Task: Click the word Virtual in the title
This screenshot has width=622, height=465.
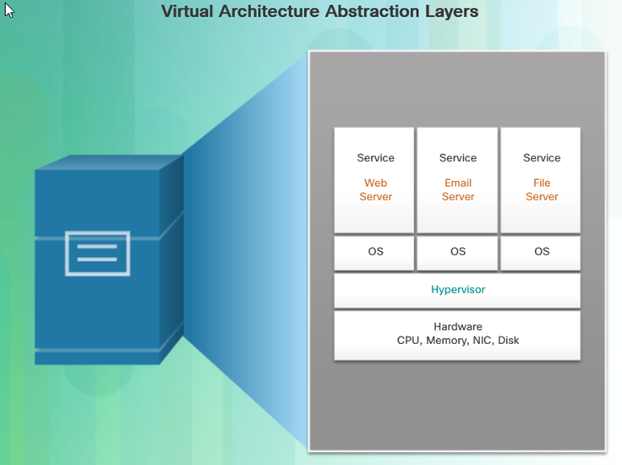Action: (188, 11)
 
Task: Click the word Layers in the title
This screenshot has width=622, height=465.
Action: (452, 12)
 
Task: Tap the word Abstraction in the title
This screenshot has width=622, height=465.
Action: (373, 11)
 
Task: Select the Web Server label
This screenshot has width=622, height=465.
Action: (376, 189)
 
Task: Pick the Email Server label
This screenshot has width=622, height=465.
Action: (458, 189)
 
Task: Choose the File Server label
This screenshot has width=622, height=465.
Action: (542, 189)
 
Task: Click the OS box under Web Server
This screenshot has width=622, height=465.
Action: (374, 253)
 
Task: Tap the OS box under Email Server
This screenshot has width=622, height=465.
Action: (457, 253)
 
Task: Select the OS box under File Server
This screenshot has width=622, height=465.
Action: (541, 253)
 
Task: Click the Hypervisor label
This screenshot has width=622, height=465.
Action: (458, 290)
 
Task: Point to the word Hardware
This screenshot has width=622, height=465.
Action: (458, 326)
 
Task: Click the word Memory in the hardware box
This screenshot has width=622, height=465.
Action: (448, 341)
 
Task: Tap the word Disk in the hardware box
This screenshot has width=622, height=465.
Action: (509, 340)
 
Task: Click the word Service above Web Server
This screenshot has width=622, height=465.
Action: (376, 158)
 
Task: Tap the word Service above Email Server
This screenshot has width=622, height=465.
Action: (458, 158)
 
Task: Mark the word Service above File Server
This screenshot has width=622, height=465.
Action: (542, 158)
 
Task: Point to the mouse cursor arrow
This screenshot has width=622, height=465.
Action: (8, 9)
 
